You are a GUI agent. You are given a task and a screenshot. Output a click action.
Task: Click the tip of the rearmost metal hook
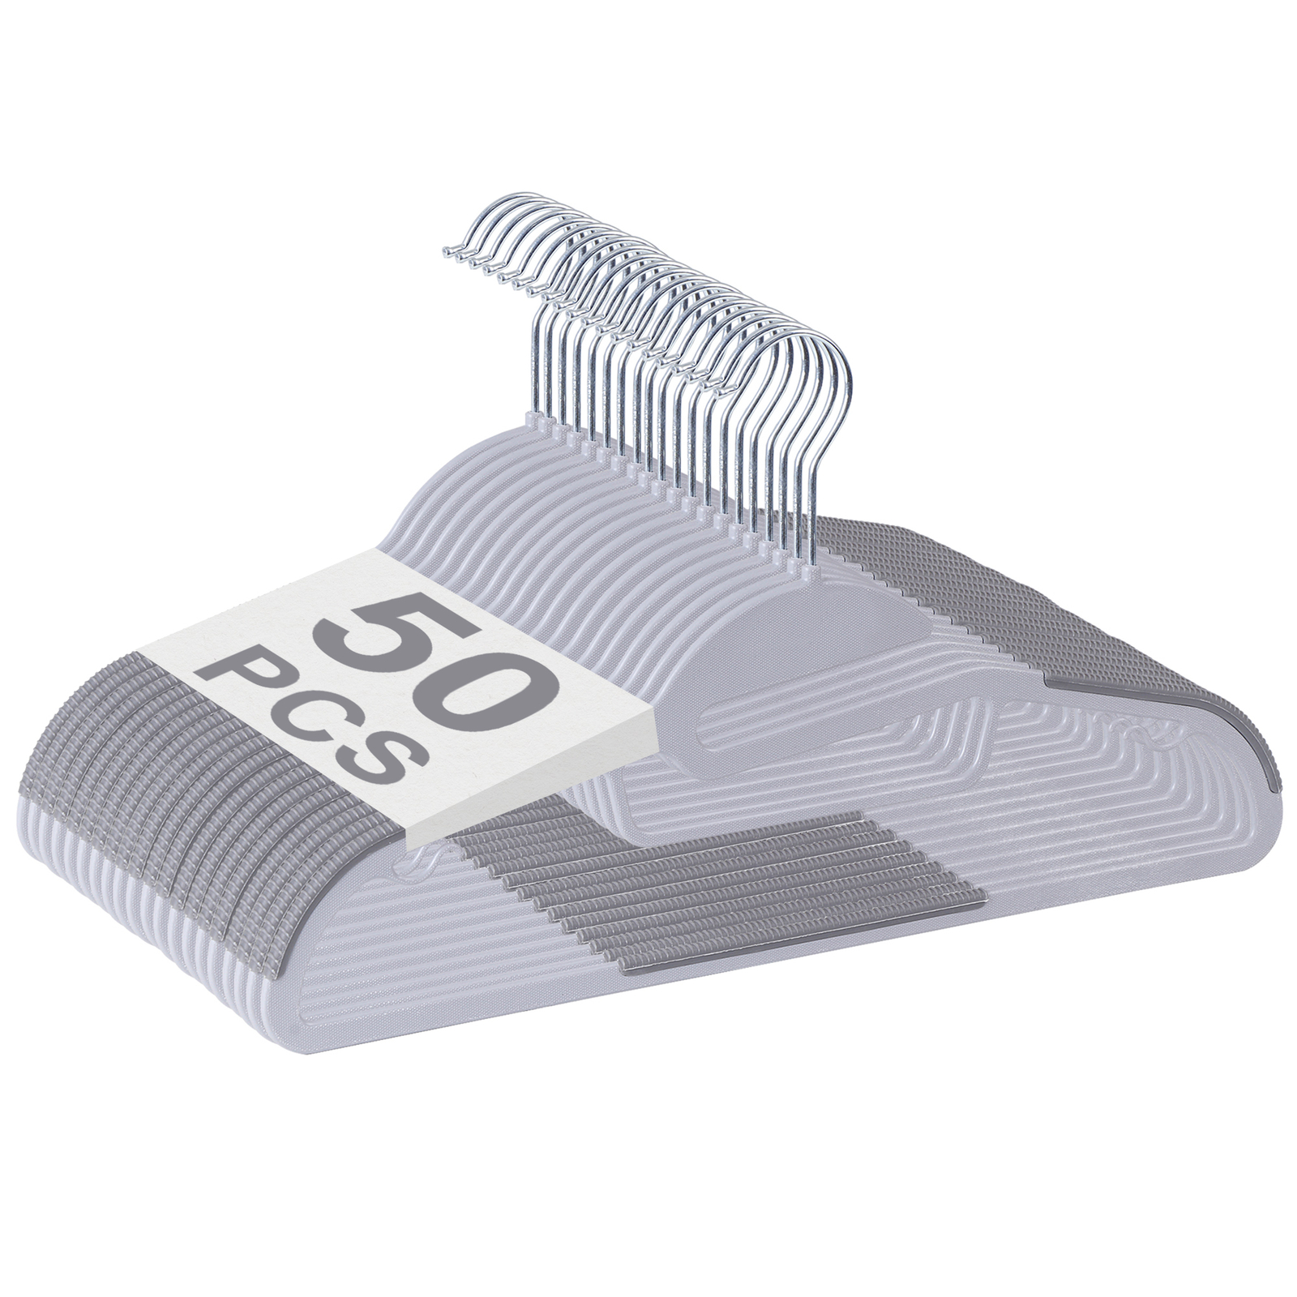pos(446,254)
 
